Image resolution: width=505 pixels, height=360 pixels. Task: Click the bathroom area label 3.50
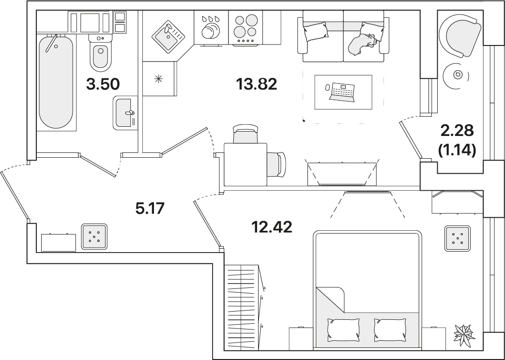click(x=103, y=84)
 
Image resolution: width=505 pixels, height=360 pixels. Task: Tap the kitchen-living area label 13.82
click(x=256, y=84)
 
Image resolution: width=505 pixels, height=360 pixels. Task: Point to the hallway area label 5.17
click(x=150, y=209)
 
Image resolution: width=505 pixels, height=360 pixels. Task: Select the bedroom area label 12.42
click(x=272, y=227)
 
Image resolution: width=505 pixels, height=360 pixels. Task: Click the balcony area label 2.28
click(x=457, y=131)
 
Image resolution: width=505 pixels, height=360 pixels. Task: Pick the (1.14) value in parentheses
click(x=457, y=150)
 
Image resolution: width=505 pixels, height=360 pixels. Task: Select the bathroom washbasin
click(x=125, y=113)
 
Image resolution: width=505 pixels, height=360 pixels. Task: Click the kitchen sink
click(x=168, y=36)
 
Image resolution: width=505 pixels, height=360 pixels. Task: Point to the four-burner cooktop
click(x=245, y=28)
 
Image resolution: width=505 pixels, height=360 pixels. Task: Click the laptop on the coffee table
click(x=342, y=92)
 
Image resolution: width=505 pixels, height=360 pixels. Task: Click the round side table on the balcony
click(x=458, y=75)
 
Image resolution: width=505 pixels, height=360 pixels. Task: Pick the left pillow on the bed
click(x=343, y=330)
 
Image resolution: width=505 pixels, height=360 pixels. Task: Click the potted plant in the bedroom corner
click(x=464, y=334)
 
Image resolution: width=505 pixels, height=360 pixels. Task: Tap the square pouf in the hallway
click(x=94, y=237)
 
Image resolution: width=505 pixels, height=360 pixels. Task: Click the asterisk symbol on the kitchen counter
click(x=158, y=78)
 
